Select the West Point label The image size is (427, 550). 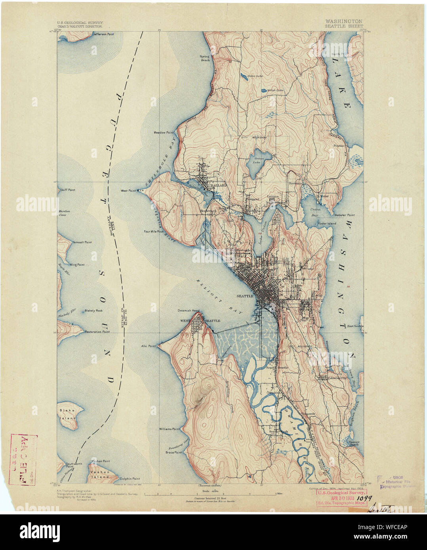tap(128, 191)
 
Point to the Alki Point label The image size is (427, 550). tap(149, 346)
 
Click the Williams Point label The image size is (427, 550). tap(170, 429)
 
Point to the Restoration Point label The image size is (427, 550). tap(97, 332)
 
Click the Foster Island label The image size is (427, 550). tap(327, 223)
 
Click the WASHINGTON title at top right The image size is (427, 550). tap(344, 21)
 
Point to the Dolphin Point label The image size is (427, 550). tap(130, 478)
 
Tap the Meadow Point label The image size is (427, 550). tap(164, 133)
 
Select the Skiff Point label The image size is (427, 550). tap(68, 190)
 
